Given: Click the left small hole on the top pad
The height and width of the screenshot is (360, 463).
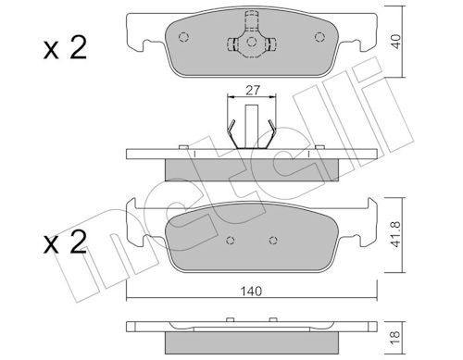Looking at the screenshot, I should [x=183, y=39].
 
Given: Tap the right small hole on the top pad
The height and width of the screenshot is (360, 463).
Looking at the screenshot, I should [x=319, y=39].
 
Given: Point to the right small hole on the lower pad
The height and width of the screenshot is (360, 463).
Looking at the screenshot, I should [x=271, y=242].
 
